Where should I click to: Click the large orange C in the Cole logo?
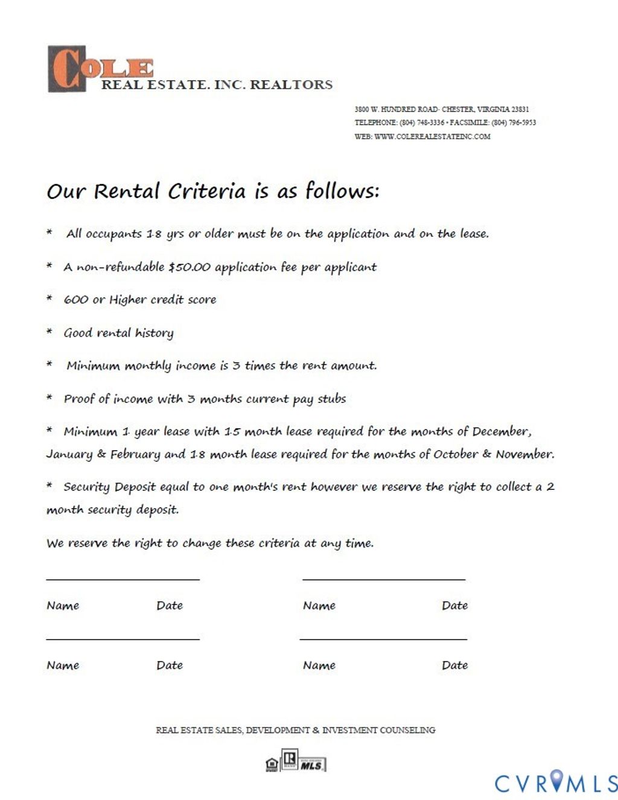click(66, 69)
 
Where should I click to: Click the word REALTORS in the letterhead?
click(291, 85)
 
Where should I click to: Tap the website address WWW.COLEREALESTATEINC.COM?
click(432, 136)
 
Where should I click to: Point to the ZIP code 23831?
click(520, 109)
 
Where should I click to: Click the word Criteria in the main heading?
click(207, 191)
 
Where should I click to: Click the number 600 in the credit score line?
click(76, 300)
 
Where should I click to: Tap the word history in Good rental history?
click(154, 333)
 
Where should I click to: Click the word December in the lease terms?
click(501, 431)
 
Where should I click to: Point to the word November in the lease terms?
click(524, 454)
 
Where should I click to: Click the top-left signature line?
click(123, 579)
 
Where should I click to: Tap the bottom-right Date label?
click(454, 665)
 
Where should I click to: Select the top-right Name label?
click(319, 605)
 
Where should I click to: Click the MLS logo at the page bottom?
click(312, 764)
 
